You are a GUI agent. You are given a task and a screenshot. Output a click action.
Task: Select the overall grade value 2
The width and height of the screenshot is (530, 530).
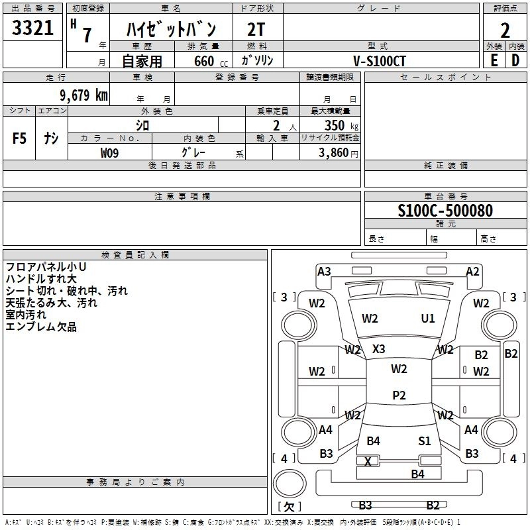coord(505,30)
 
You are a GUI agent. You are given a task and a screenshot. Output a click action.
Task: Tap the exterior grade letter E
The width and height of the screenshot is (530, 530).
coord(494,60)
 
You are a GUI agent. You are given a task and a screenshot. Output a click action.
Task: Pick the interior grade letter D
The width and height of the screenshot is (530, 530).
coord(515,60)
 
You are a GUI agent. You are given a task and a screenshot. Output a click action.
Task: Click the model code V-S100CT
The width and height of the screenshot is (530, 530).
coord(380,61)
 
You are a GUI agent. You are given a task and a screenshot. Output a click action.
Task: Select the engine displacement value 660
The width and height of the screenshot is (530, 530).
coord(203,61)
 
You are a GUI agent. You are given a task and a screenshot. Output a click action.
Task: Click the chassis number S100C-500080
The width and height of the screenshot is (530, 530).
coord(445,211)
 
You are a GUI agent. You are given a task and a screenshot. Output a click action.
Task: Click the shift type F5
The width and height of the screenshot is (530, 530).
coord(20,138)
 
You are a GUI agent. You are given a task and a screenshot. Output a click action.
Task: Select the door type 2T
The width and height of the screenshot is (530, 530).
coord(256,29)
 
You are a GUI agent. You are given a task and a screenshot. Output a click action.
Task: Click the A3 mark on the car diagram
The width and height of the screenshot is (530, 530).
coord(324,271)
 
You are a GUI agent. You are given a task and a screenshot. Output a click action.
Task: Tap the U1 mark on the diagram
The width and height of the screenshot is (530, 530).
coord(428,319)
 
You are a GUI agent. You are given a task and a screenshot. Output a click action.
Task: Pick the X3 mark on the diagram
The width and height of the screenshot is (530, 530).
coord(379,348)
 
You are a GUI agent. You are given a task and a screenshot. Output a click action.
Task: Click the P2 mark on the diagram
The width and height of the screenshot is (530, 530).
coord(399,395)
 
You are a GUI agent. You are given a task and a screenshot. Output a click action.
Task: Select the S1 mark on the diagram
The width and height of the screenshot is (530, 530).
coord(425,441)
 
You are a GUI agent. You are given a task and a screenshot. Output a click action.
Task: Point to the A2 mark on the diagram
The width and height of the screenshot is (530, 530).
coord(472,271)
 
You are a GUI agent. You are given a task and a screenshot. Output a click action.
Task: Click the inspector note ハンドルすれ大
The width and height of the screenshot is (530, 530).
coord(41,279)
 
